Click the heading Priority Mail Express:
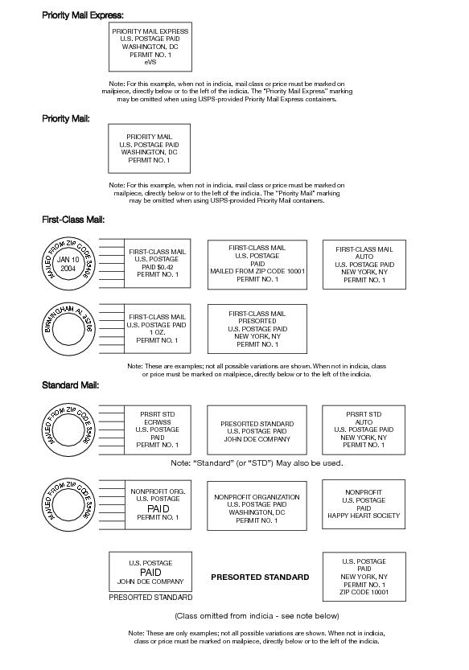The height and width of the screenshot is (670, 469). click(83, 15)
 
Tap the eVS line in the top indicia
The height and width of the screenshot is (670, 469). click(150, 62)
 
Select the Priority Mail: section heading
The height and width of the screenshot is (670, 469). click(66, 119)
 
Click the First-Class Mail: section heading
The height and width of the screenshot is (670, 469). click(73, 220)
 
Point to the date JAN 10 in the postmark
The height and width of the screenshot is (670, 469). click(68, 259)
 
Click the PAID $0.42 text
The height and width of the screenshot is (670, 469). click(158, 267)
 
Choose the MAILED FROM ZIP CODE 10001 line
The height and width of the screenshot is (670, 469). click(257, 271)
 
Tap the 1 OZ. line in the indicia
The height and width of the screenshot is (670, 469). click(157, 332)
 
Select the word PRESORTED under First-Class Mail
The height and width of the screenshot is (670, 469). click(257, 321)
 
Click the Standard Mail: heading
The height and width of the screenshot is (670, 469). click(71, 385)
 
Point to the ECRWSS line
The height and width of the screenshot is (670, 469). click(158, 422)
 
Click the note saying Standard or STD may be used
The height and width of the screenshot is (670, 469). click(257, 462)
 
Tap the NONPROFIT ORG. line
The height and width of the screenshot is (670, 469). click(158, 491)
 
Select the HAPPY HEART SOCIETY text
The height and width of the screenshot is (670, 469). click(364, 516)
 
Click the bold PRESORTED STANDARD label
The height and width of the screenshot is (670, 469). click(260, 577)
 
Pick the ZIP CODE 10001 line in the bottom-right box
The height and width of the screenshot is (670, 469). click(364, 592)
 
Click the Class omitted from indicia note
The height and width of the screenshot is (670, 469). click(257, 616)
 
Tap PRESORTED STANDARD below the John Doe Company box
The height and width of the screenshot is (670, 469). click(150, 598)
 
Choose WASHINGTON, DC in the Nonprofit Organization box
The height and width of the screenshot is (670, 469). click(257, 512)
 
